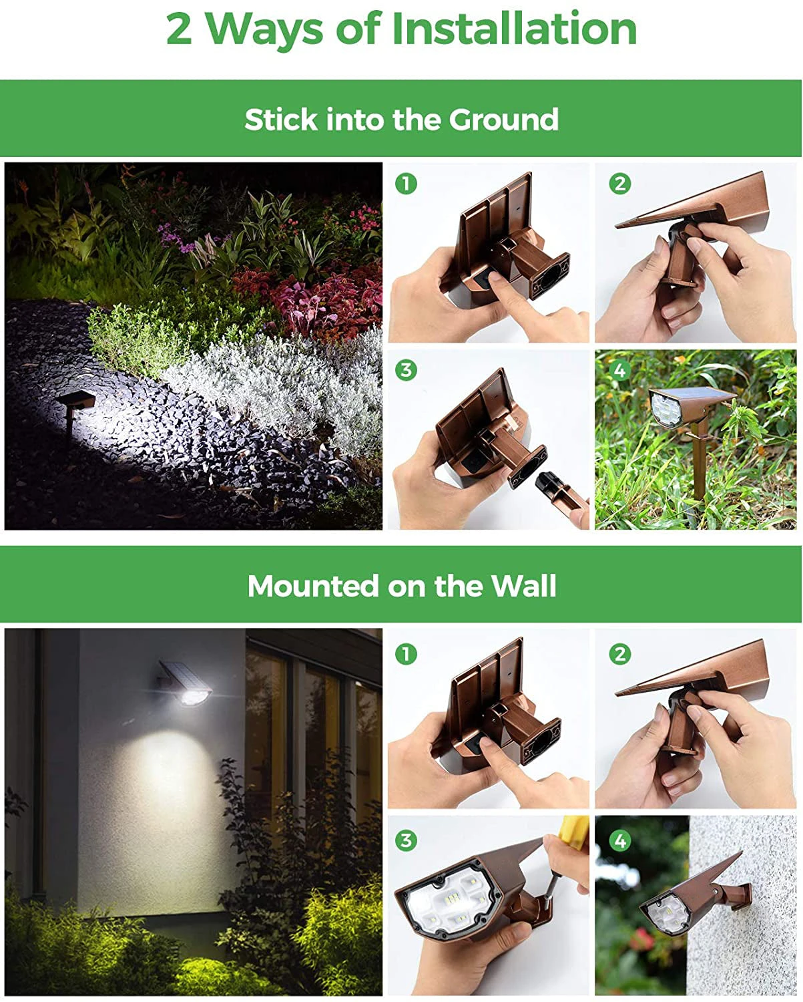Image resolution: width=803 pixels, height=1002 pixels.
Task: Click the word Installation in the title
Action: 514,28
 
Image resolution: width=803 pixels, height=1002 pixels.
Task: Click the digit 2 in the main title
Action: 179,29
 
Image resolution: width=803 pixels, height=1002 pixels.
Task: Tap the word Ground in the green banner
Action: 503,120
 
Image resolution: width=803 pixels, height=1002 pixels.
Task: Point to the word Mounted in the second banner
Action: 313,586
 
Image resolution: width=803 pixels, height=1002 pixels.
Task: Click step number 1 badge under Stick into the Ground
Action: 406,184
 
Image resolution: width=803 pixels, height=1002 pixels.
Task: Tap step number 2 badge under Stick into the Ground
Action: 619,184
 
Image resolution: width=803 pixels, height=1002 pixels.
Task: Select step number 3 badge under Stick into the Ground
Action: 406,370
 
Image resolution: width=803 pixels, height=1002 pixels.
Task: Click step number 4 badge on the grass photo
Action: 619,370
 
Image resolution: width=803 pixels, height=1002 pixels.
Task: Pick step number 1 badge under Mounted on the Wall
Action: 406,654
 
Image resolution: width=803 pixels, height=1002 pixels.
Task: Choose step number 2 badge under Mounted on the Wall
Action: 619,654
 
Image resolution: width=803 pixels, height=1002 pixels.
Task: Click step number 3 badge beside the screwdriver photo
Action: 406,840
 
